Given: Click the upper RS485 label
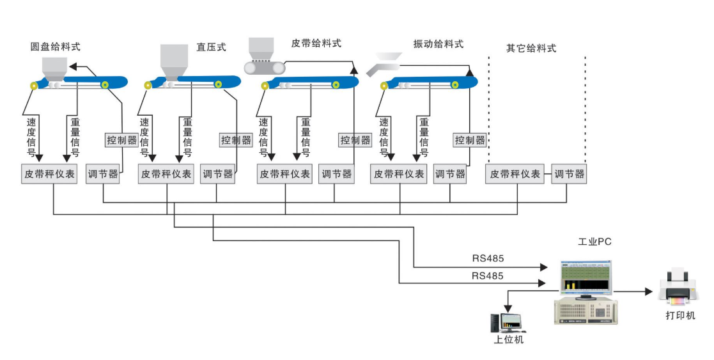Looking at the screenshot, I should click(x=488, y=259).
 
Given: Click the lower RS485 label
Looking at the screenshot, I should click(x=488, y=276).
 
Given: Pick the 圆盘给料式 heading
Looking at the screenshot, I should click(x=56, y=47).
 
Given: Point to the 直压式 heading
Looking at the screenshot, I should click(x=211, y=47).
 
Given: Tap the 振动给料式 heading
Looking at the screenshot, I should click(x=438, y=44).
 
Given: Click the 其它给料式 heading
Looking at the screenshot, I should click(x=531, y=48).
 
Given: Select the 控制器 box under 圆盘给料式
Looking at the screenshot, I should click(x=121, y=139).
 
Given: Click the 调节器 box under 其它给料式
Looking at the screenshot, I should click(x=569, y=174).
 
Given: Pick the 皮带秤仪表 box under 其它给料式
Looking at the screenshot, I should click(x=514, y=174).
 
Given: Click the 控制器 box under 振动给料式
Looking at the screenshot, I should click(x=470, y=139).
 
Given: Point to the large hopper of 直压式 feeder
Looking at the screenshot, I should click(x=173, y=61).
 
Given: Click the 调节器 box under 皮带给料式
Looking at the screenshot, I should click(x=337, y=174).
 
